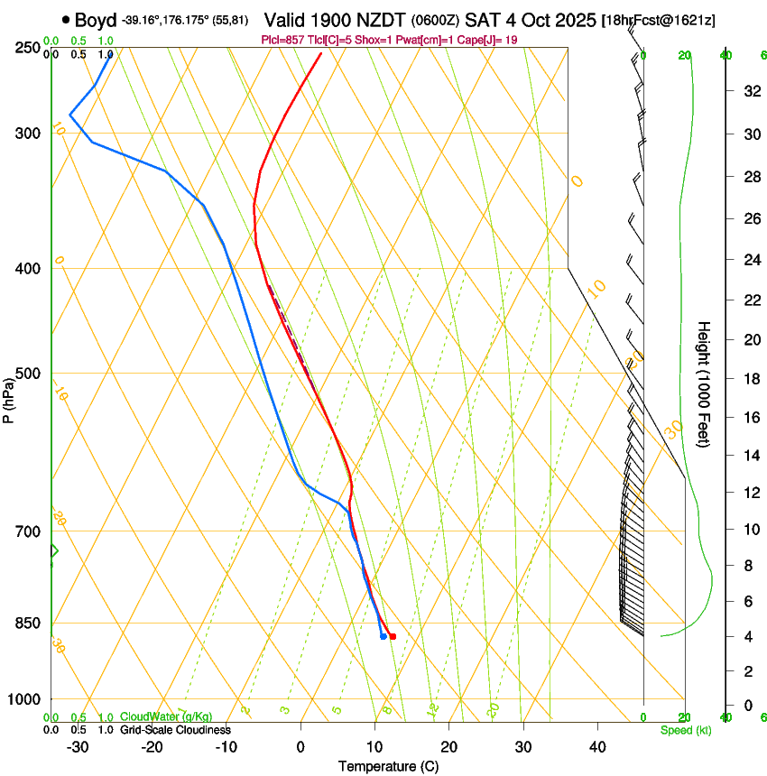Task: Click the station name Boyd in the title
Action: pyautogui.click(x=97, y=20)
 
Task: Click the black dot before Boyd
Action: pyautogui.click(x=66, y=20)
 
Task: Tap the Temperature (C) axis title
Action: pyautogui.click(x=388, y=766)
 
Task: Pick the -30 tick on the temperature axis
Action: pyautogui.click(x=78, y=747)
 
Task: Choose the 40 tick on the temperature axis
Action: pyautogui.click(x=597, y=747)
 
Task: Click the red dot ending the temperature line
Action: pyautogui.click(x=392, y=636)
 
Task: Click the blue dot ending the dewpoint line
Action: pyautogui.click(x=383, y=636)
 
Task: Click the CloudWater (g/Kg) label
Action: pyautogui.click(x=167, y=717)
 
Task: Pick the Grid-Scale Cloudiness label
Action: pyautogui.click(x=175, y=730)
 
